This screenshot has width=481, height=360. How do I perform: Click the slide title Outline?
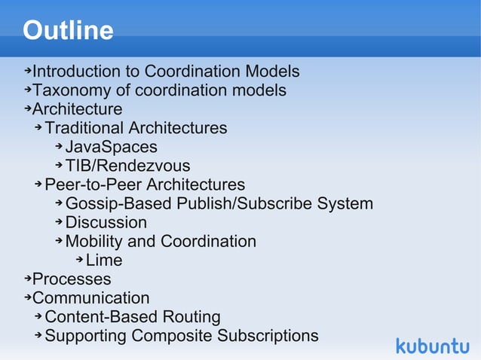click(68, 31)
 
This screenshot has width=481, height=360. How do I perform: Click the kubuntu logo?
click(433, 346)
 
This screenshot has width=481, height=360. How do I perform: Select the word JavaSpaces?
click(111, 147)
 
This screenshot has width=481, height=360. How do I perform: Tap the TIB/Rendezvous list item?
click(127, 166)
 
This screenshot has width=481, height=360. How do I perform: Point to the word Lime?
click(104, 261)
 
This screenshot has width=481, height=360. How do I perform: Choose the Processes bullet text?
click(72, 279)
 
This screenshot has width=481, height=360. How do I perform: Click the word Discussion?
click(106, 222)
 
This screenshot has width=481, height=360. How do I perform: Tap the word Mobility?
click(94, 241)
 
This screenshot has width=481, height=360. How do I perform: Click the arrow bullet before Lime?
click(79, 260)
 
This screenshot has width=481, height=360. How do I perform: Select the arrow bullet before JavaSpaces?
click(59, 146)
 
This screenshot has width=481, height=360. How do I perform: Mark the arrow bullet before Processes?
click(27, 279)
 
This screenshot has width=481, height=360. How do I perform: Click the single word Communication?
click(90, 298)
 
